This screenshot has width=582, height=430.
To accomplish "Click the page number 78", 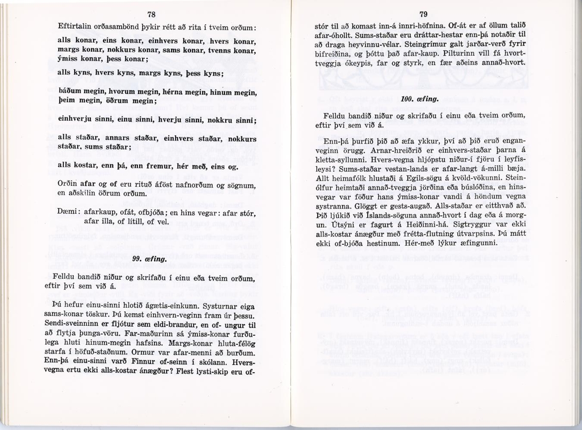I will pyautogui.click(x=151, y=14).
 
